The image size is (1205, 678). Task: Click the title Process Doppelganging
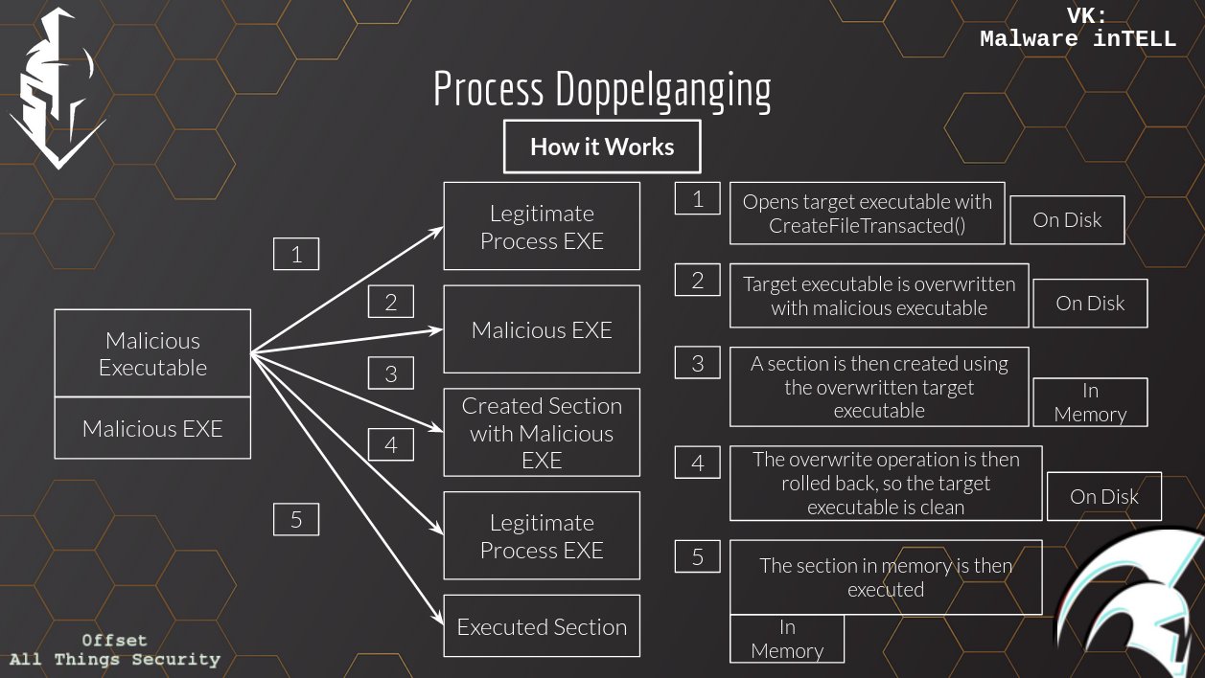[602, 90]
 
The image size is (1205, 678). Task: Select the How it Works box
[602, 147]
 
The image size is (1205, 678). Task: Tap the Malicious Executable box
[152, 353]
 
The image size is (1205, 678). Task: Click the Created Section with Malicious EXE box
[542, 433]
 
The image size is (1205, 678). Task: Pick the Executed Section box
[542, 627]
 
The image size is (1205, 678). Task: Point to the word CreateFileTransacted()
[867, 226]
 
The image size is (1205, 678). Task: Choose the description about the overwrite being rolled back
[886, 484]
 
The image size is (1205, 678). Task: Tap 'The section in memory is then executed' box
[886, 577]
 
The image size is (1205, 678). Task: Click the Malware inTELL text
[1078, 39]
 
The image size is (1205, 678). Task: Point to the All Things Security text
[114, 660]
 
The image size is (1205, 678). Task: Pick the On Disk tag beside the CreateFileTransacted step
[1067, 220]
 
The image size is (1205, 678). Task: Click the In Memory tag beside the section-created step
[1090, 402]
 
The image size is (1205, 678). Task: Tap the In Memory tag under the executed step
[787, 639]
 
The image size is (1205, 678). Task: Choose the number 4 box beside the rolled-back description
[697, 463]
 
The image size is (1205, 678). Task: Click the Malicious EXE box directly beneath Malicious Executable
[152, 428]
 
